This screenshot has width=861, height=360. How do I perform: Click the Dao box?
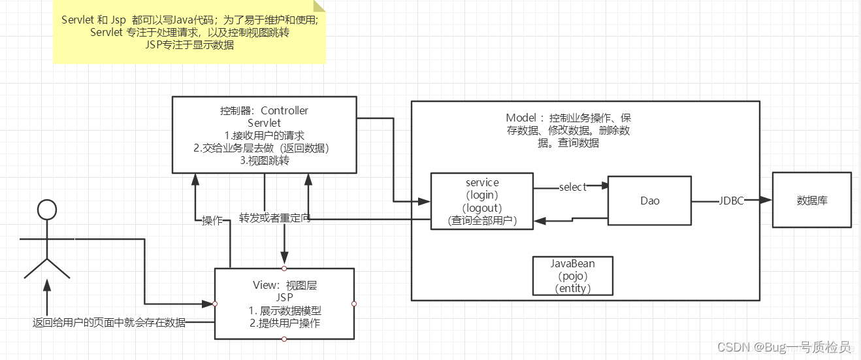pos(649,201)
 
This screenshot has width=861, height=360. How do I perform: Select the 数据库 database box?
pos(811,200)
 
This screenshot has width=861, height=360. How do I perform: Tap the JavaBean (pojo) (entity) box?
pos(573,276)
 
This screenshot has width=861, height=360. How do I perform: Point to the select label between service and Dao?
pos(572,187)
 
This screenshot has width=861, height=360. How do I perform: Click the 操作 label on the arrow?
pos(213,221)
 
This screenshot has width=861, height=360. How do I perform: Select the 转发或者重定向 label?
pos(274,218)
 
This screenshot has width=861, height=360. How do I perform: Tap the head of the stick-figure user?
pos(46,209)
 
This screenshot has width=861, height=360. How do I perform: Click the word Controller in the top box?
pos(284,110)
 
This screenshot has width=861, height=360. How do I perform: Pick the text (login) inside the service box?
pos(482,195)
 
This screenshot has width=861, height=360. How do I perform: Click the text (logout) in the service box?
pos(482,207)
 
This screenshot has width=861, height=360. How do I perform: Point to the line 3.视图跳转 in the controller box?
pos(264,160)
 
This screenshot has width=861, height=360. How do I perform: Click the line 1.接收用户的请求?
pos(264,135)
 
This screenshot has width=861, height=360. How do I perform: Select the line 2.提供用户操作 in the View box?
pos(285,323)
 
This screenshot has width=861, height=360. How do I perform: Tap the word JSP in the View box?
pos(285,297)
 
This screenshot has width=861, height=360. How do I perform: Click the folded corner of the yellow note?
pos(319,7)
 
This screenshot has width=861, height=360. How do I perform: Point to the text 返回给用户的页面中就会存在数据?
pos(109,323)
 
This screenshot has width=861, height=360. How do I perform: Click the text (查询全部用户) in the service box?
pos(482,220)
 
